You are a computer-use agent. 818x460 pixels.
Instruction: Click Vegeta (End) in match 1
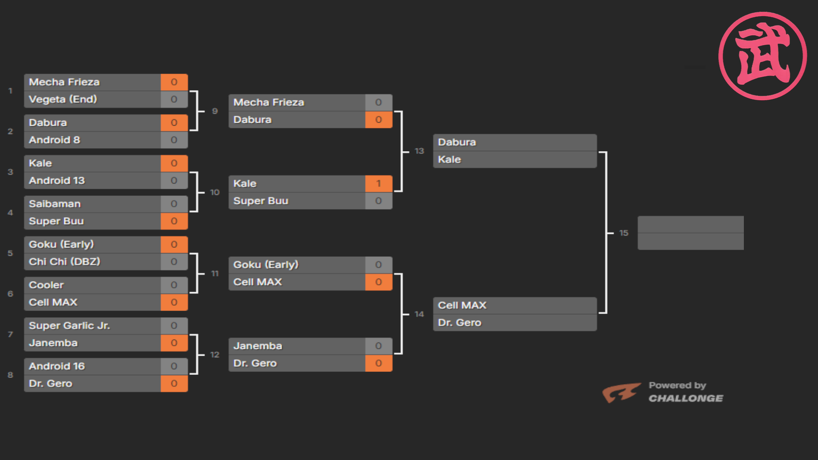(63, 99)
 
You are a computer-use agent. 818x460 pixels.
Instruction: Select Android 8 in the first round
(54, 140)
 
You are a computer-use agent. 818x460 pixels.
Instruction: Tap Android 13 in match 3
(57, 181)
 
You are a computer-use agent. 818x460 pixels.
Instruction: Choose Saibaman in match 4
(55, 204)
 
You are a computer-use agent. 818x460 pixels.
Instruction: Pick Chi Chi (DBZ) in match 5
(64, 262)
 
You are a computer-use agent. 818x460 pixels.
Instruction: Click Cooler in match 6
(46, 285)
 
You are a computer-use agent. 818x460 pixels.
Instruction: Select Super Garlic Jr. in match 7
(69, 326)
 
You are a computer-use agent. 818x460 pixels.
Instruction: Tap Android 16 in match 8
(57, 366)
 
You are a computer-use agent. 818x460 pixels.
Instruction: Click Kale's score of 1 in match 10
(378, 184)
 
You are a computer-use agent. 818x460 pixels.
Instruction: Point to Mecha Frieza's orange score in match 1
(174, 82)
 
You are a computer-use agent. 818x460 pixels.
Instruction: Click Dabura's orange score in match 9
(378, 120)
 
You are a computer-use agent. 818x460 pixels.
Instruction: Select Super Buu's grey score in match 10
(378, 201)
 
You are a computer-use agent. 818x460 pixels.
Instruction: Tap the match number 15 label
(624, 233)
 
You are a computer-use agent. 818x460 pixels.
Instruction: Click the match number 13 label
(419, 151)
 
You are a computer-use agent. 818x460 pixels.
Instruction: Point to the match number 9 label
(215, 111)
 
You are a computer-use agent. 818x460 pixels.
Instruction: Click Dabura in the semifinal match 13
(457, 142)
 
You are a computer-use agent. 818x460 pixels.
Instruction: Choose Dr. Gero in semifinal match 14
(459, 323)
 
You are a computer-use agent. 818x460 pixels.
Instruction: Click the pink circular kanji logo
(763, 56)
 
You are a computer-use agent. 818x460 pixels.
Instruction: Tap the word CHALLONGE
(686, 399)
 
